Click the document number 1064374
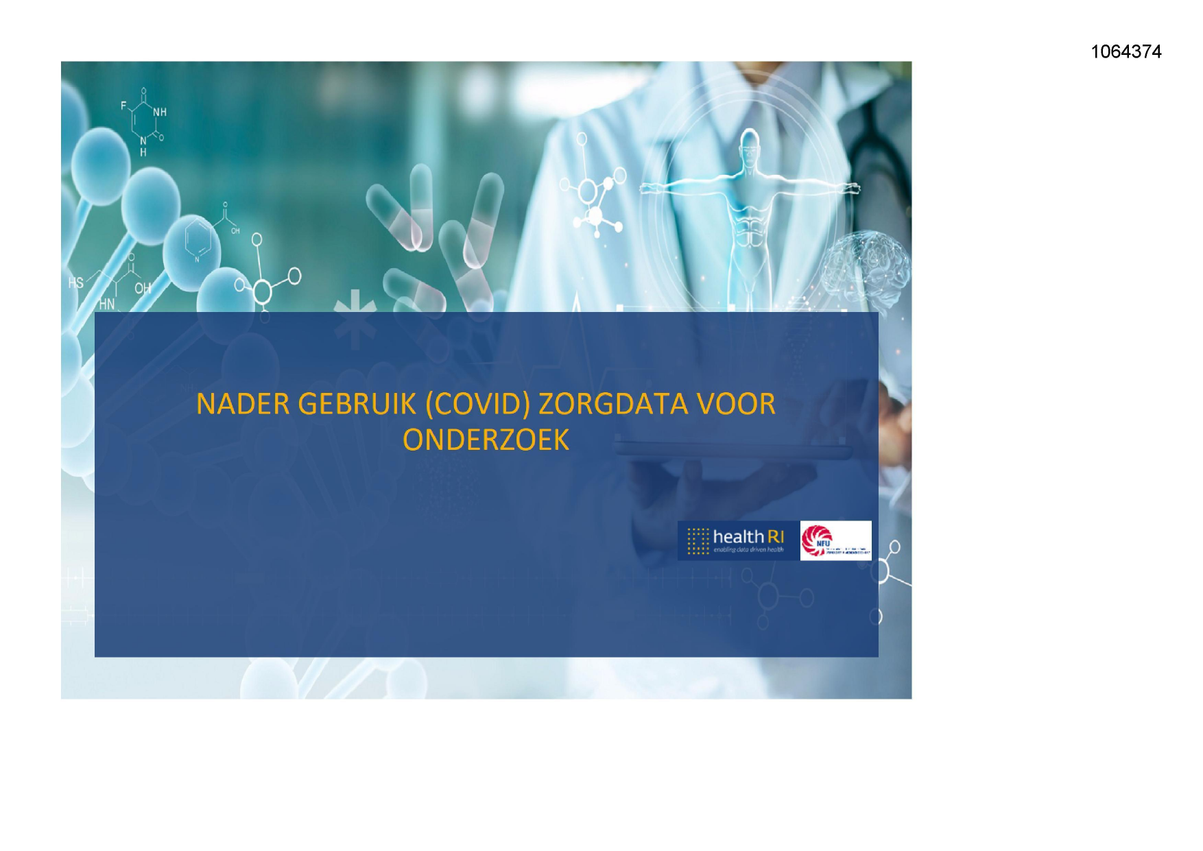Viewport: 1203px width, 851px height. tap(1125, 52)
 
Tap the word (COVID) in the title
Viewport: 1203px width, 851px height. tap(477, 405)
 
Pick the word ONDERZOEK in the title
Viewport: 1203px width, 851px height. tap(486, 440)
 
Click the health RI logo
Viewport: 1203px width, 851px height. tap(738, 540)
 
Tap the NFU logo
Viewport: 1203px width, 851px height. tap(835, 540)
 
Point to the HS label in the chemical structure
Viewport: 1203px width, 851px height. tap(75, 283)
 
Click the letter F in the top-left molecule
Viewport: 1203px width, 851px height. tap(124, 106)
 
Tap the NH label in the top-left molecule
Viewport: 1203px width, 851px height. tap(160, 112)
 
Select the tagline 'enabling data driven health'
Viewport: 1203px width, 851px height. tap(748, 550)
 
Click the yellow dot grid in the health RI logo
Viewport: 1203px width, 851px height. tap(698, 540)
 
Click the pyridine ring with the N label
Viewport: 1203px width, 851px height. tap(198, 240)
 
